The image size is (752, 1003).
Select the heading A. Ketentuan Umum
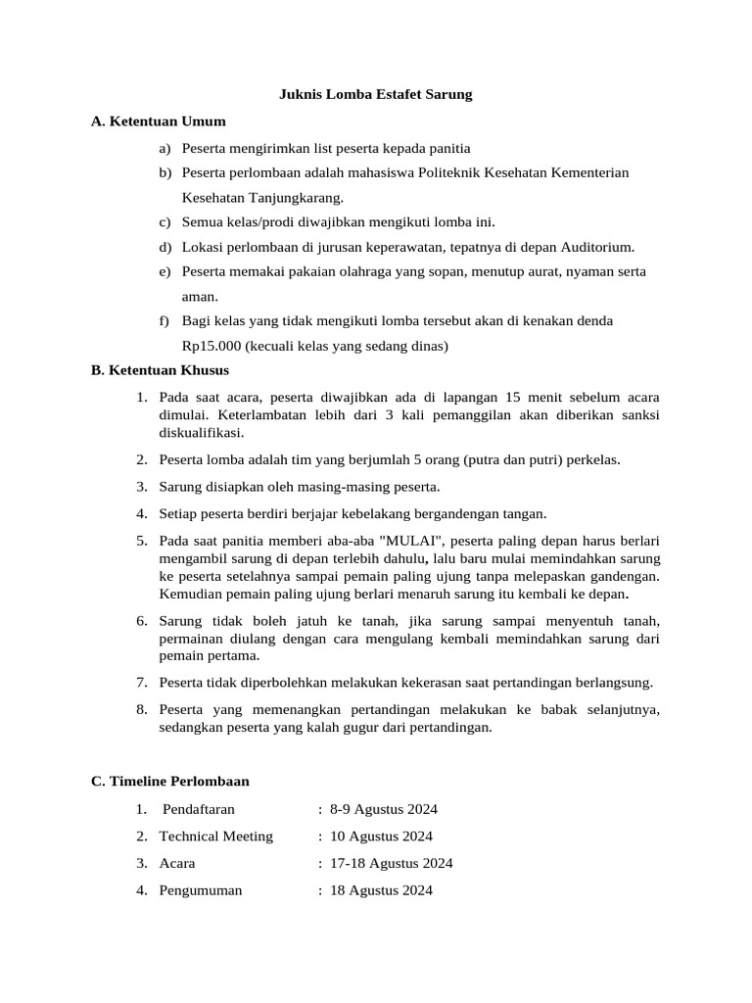pyautogui.click(x=158, y=121)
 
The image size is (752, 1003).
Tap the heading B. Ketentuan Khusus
pyautogui.click(x=160, y=371)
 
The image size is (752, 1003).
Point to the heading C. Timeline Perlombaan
pyautogui.click(x=169, y=782)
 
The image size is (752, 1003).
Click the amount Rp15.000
pyautogui.click(x=211, y=345)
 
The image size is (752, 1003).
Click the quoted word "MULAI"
pyautogui.click(x=410, y=541)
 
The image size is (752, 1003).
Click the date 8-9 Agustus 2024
pyautogui.click(x=384, y=809)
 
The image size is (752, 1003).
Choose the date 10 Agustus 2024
pyautogui.click(x=381, y=836)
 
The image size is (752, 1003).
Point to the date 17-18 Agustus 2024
pyautogui.click(x=392, y=864)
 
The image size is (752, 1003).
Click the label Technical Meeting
pyautogui.click(x=216, y=836)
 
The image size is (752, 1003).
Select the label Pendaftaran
pyautogui.click(x=199, y=809)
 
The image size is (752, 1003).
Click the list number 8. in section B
pyautogui.click(x=142, y=710)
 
